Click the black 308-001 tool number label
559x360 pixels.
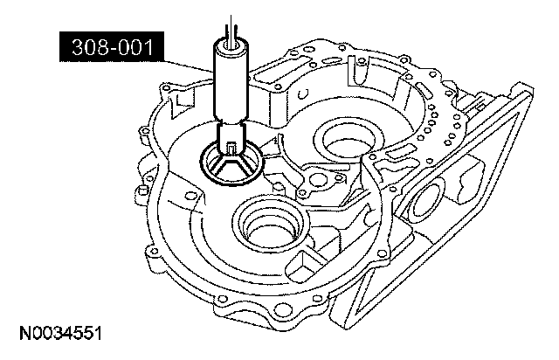click(x=112, y=46)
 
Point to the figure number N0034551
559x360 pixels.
click(x=60, y=334)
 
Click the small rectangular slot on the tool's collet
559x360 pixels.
click(x=231, y=149)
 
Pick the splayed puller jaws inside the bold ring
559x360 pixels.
click(x=231, y=167)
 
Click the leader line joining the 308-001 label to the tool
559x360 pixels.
click(x=189, y=66)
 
